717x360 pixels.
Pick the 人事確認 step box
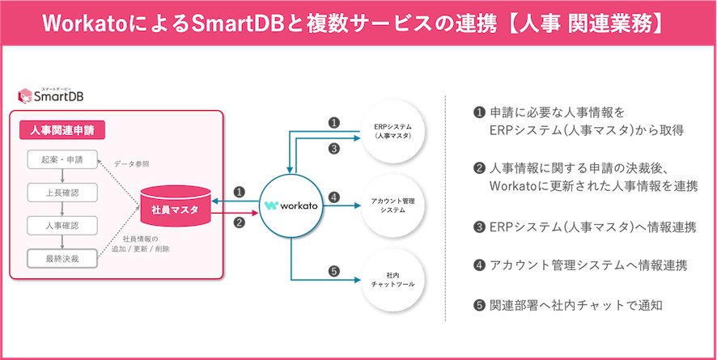coord(62,225)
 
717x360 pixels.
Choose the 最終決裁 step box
coord(62,259)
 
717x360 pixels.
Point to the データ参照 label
coord(131,163)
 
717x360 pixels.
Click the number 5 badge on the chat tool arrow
coord(333,270)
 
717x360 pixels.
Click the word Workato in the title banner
coord(87,23)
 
